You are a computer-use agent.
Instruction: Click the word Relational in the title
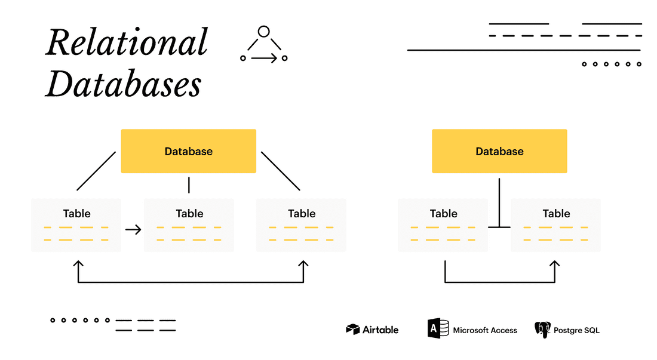coord(127,44)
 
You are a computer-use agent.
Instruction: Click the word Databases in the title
coord(124,84)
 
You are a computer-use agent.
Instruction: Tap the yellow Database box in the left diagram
coord(189,151)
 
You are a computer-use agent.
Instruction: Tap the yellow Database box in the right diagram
coord(499,151)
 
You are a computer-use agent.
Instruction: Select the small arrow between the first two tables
coord(133,229)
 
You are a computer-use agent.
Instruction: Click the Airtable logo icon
coord(353,330)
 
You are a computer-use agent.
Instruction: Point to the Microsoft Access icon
coord(438,329)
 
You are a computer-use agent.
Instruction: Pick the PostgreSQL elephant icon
coord(542,330)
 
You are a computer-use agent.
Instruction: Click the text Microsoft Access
coord(485,330)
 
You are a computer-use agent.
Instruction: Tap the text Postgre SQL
coord(577,330)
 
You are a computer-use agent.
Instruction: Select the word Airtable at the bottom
coord(381,330)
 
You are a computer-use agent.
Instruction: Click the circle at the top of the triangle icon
coord(264,32)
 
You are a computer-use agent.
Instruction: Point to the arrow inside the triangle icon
coord(264,58)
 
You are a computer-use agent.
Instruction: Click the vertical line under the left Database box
coord(189,185)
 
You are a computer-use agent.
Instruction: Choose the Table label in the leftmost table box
coord(76,213)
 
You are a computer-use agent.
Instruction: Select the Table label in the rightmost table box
coord(556,213)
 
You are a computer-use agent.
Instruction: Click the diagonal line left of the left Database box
coord(96,171)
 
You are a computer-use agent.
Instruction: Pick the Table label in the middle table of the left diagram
coord(189,213)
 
